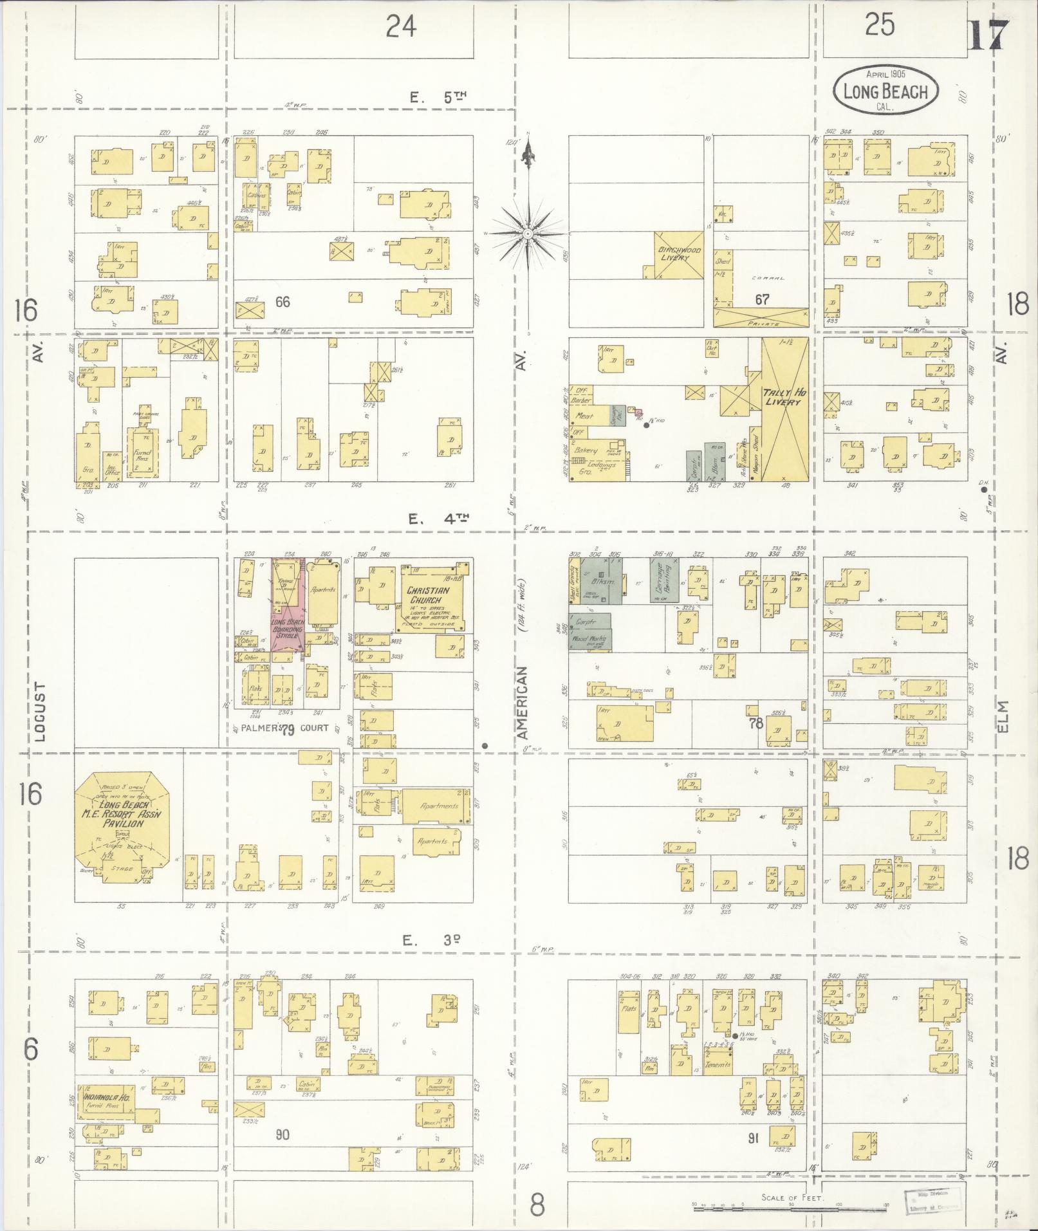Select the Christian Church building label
[428, 595]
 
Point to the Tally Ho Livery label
[783, 397]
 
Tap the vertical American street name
[522, 703]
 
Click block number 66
[282, 301]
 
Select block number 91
[753, 1138]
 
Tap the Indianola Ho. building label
[107, 1097]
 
